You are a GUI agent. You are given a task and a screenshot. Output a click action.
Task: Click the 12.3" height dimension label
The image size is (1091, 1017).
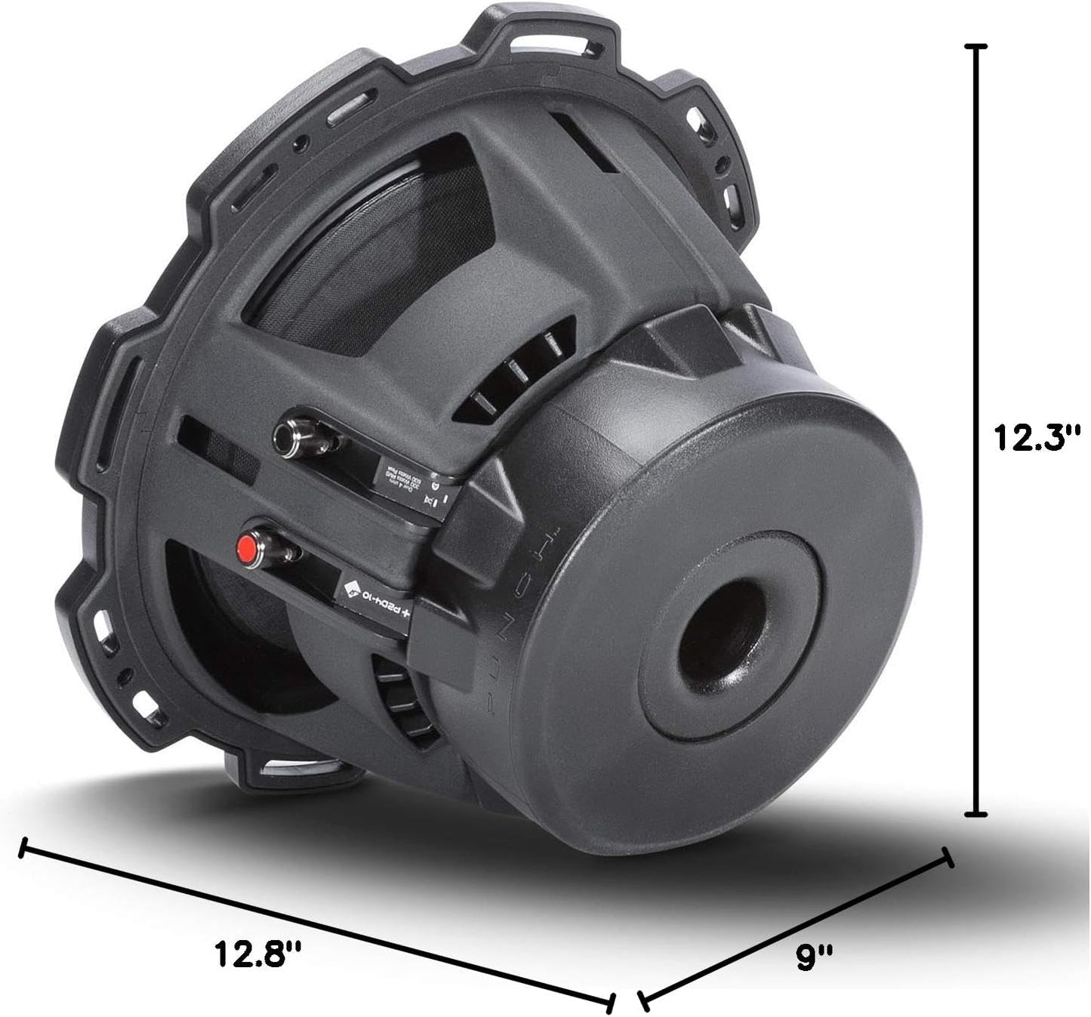click(1037, 437)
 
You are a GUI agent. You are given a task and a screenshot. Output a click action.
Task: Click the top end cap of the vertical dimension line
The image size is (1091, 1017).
click(978, 47)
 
